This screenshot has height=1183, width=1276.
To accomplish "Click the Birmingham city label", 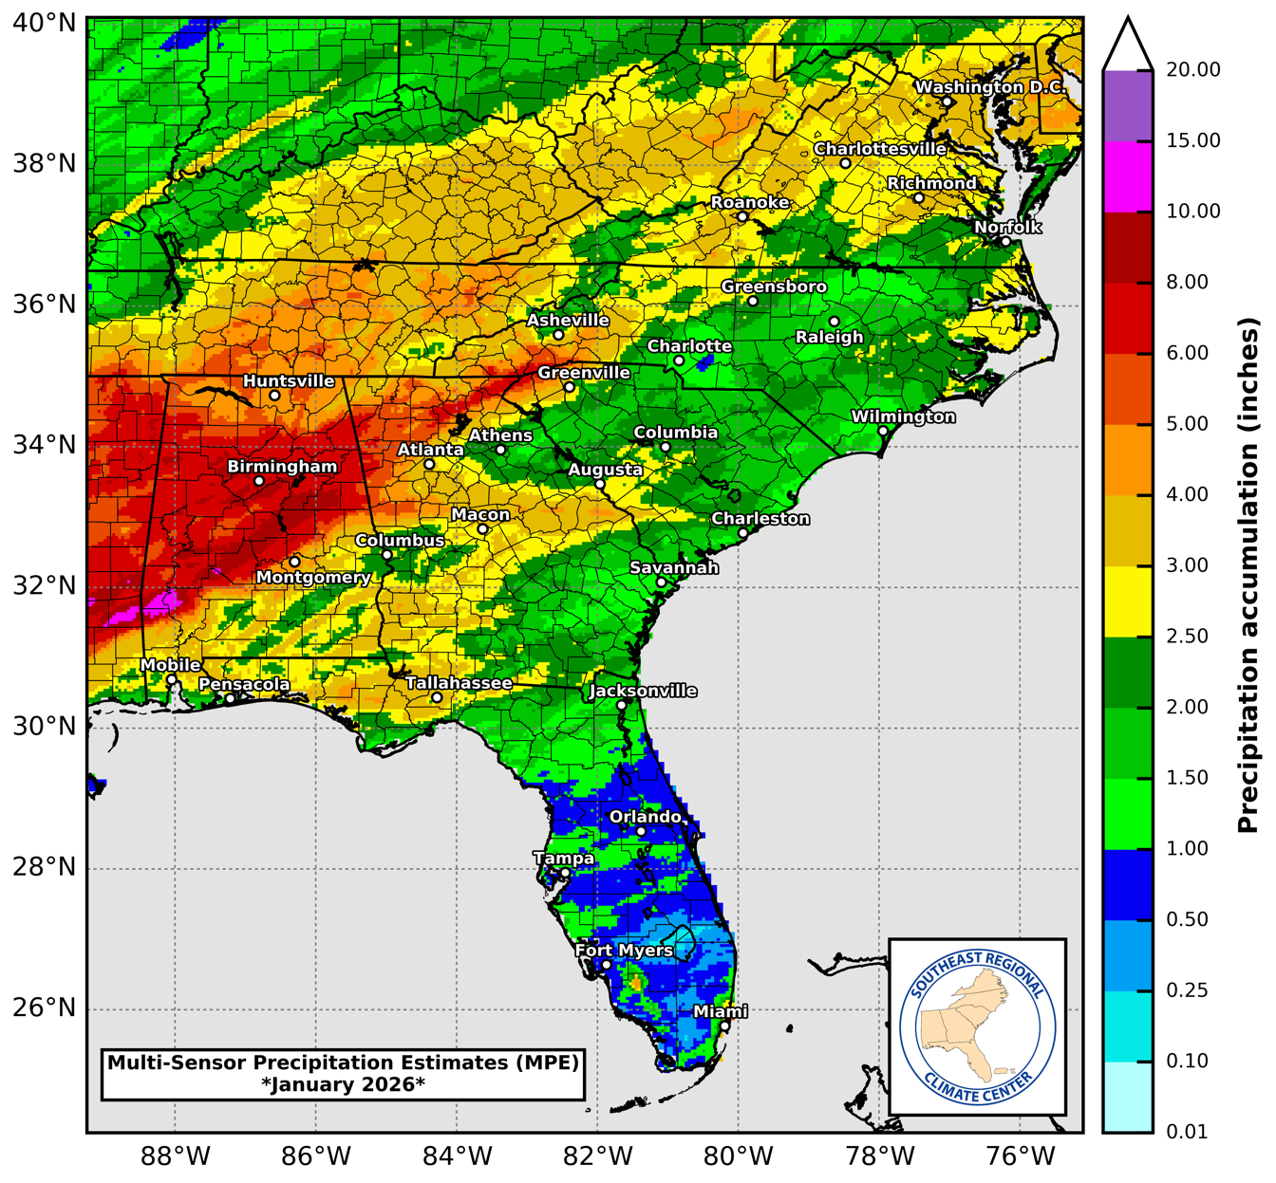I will coord(282,467).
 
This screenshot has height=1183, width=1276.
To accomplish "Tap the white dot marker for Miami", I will coord(724,1026).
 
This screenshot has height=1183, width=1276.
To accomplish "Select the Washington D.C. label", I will coord(990,87).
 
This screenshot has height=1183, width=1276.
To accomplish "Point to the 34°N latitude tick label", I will coord(44,445).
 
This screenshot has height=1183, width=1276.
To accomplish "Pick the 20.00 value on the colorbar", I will coord(1193,70).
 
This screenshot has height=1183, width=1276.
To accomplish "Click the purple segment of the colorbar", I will coord(1128,106).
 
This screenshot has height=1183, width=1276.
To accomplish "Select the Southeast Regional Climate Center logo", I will coord(977,1027).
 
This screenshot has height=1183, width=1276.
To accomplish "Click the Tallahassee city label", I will coord(459,683).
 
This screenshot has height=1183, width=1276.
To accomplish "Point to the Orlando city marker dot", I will coord(641,832).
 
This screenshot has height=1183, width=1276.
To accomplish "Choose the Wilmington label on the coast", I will coord(903,416).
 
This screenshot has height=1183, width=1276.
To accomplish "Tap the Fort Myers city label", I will coord(624,951).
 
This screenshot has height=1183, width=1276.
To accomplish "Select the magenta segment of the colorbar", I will coord(1128,176).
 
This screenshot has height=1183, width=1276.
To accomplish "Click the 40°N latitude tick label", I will coord(44,22).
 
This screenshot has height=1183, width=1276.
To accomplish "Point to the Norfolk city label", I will coord(1007,228).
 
